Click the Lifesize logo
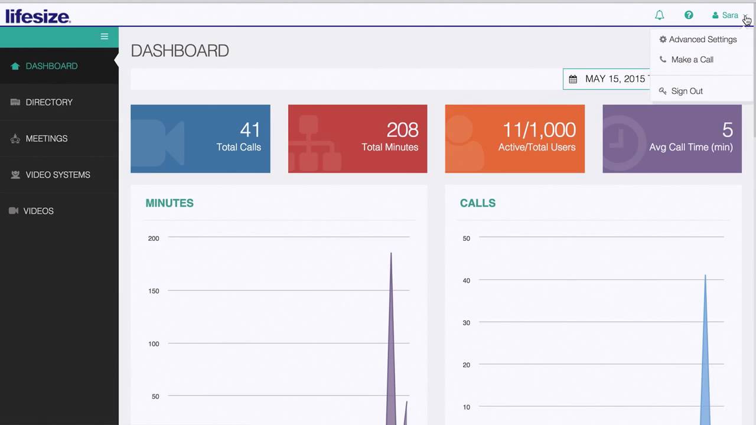coord(38,16)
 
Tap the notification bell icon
coord(660,15)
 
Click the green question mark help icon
coord(689,15)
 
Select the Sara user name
coord(730,15)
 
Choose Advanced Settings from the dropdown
coord(702,40)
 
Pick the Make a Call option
coord(692,60)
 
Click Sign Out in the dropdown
coord(686,91)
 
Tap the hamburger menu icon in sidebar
coord(105,37)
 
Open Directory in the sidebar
coord(49,102)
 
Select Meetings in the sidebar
coord(47,139)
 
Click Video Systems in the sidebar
coord(58,175)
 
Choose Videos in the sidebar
coord(38,211)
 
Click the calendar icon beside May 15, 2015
coord(573,79)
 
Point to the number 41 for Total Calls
coord(250,130)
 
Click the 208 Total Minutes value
coord(402,130)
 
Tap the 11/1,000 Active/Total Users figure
coord(539,130)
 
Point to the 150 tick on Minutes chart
coord(154,291)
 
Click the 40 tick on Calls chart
coord(467,280)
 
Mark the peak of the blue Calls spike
coord(705,275)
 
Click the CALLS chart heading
coord(478,203)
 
